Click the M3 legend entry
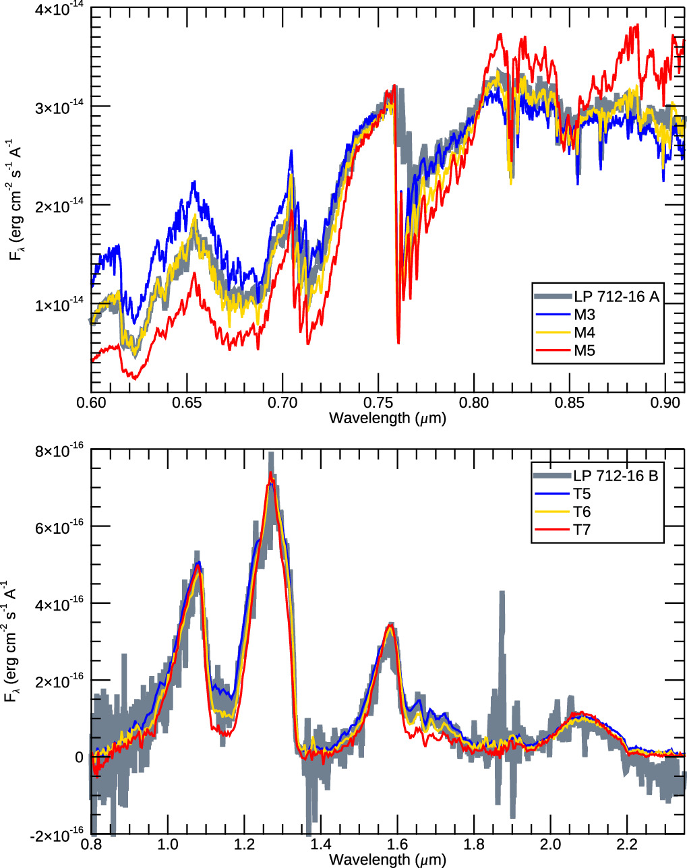click(x=584, y=314)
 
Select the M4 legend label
click(x=584, y=332)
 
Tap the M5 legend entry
click(x=584, y=350)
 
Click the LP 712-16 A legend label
click(x=616, y=297)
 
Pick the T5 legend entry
click(x=582, y=494)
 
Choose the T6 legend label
click(x=582, y=512)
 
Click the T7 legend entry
click(x=582, y=530)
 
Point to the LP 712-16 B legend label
click(x=616, y=476)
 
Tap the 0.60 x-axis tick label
click(x=91, y=402)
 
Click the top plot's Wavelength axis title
click(x=388, y=418)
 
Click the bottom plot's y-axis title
click(x=11, y=642)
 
